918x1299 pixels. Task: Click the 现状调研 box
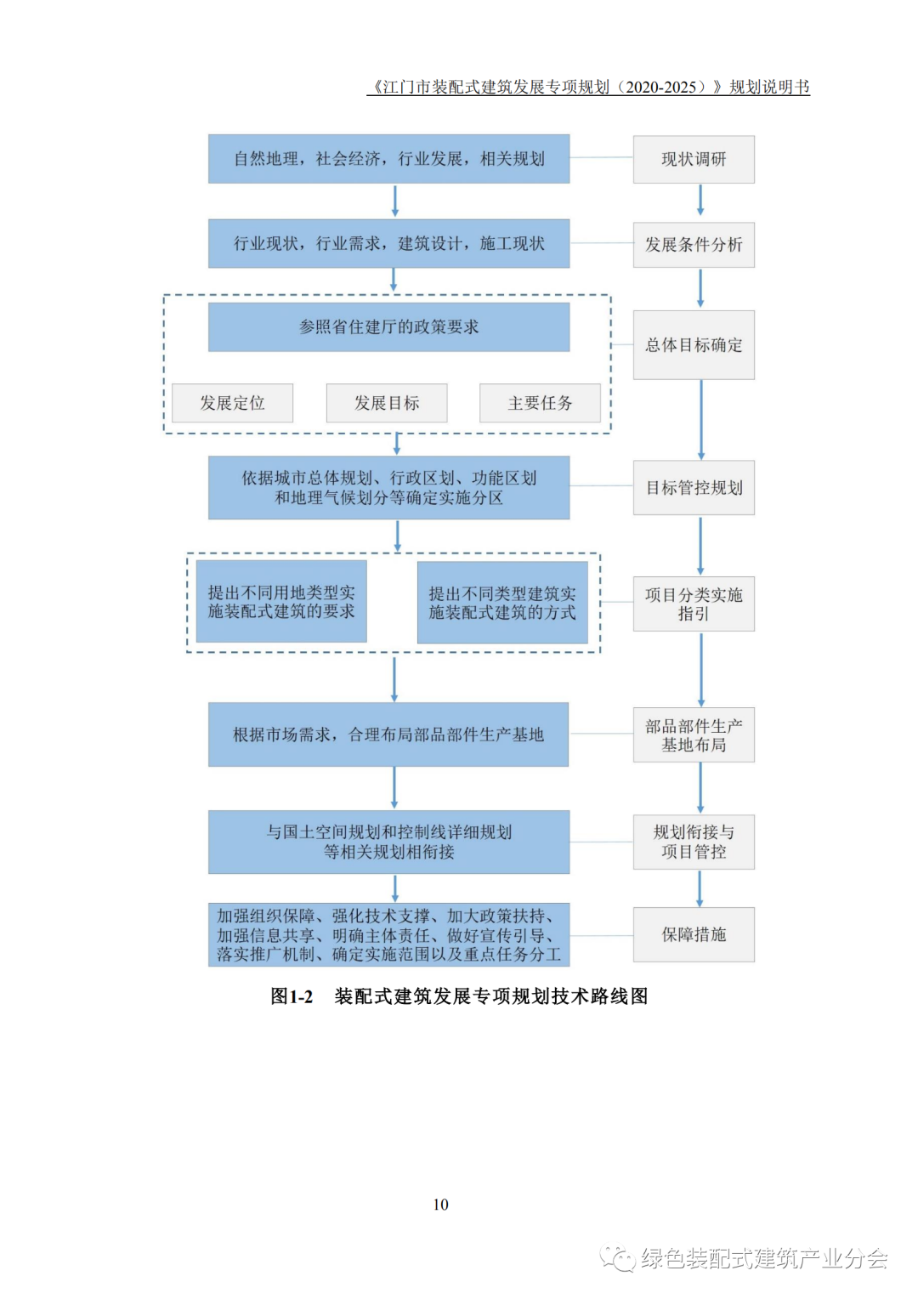694,159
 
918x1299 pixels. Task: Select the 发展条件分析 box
694,245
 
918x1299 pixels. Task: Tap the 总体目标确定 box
694,345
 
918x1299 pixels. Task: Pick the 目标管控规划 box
694,488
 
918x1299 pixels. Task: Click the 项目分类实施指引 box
694,604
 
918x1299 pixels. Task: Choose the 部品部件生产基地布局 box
694,735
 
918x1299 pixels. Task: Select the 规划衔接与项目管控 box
694,842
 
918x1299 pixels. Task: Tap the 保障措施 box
694,934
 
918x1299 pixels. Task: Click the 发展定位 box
232,403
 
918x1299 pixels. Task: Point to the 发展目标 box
387,403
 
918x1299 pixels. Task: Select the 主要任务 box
540,403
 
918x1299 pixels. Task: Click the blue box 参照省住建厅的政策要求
388,327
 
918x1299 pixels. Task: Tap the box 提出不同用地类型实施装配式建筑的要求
281,602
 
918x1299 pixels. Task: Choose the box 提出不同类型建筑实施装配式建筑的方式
502,603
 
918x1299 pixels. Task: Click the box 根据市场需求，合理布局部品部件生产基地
388,735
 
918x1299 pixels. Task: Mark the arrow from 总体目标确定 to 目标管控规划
701,419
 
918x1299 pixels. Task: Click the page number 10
440,1205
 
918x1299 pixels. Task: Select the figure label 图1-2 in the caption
292,996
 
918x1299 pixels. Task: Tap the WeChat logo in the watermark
617,1258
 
